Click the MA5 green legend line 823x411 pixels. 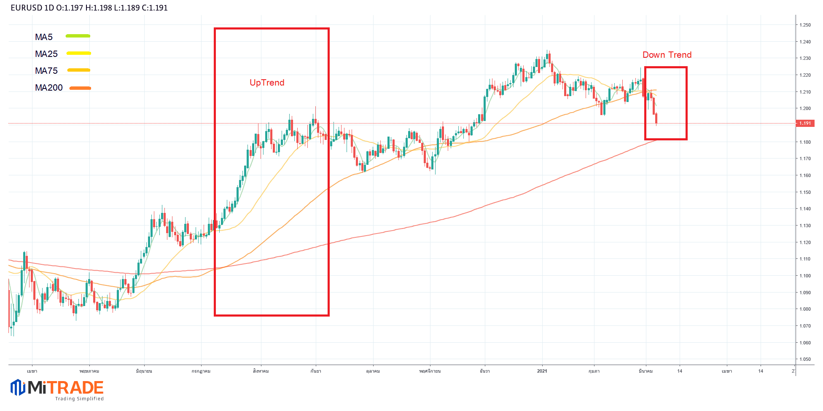click(x=78, y=36)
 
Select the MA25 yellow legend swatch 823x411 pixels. click(x=79, y=53)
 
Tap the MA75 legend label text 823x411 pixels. click(x=46, y=71)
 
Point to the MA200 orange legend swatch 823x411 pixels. click(x=80, y=88)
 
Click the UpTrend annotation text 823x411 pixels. click(x=267, y=83)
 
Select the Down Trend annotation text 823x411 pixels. click(x=667, y=55)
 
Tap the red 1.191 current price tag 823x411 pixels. click(x=805, y=124)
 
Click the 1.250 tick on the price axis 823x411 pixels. click(x=805, y=25)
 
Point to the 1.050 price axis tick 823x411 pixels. click(x=805, y=360)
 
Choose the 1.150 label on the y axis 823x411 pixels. click(x=805, y=192)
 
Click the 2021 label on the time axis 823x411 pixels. click(x=542, y=371)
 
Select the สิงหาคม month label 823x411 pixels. click(x=261, y=371)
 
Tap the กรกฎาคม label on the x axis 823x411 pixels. click(x=201, y=371)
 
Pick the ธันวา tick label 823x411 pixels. click(x=485, y=371)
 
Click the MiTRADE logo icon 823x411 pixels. click(x=18, y=387)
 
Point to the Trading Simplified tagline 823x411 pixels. click(x=79, y=399)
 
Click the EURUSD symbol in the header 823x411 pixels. click(x=26, y=8)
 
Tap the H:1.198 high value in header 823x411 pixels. click(x=99, y=8)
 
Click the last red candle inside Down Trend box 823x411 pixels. click(x=656, y=118)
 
